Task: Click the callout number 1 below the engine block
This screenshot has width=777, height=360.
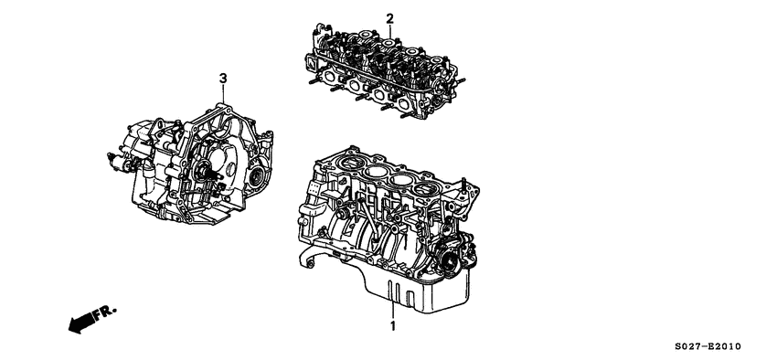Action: [x=393, y=326]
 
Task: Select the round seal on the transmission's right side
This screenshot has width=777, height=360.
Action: [x=258, y=176]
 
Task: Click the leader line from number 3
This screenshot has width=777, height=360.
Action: [x=222, y=91]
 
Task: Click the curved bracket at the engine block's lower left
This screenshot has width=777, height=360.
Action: [x=309, y=261]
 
